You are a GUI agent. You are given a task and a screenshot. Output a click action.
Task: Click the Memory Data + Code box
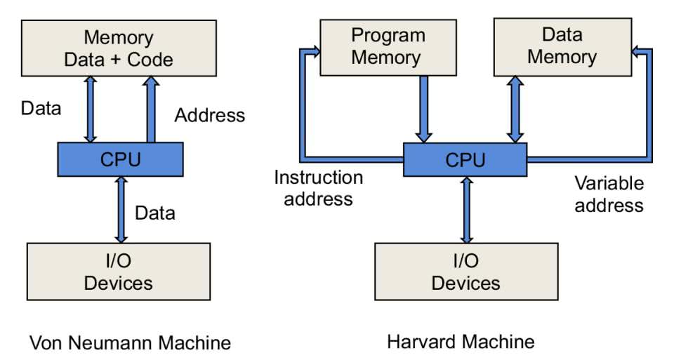pyautogui.click(x=118, y=47)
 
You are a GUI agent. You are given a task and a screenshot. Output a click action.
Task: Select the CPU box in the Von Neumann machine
pyautogui.click(x=120, y=159)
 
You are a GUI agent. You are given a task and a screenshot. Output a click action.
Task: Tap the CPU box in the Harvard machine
pyautogui.click(x=465, y=159)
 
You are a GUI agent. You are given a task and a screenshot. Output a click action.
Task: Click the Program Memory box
pyautogui.click(x=388, y=46)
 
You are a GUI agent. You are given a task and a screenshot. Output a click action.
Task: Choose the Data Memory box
pyautogui.click(x=562, y=46)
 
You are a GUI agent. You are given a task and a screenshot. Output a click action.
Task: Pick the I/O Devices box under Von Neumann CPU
pyautogui.click(x=118, y=272)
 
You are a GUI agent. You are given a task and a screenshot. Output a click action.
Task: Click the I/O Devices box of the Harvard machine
pyautogui.click(x=465, y=272)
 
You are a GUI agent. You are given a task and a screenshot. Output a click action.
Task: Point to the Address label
pyautogui.click(x=210, y=115)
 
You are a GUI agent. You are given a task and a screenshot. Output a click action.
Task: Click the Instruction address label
pyautogui.click(x=318, y=188)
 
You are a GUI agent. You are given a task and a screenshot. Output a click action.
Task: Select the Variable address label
pyautogui.click(x=609, y=194)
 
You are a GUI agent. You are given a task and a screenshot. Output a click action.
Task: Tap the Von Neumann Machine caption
pyautogui.click(x=130, y=343)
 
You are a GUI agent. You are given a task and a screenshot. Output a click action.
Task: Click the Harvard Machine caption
pyautogui.click(x=461, y=342)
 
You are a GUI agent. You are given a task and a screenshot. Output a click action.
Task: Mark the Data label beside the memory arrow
pyautogui.click(x=41, y=108)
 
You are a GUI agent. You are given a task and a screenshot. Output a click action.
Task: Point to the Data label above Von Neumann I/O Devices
pyautogui.click(x=155, y=213)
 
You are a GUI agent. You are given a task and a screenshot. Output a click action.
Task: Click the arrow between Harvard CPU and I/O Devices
pyautogui.click(x=465, y=210)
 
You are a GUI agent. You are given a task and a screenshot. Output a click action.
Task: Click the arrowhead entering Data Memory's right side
pyautogui.click(x=637, y=51)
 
